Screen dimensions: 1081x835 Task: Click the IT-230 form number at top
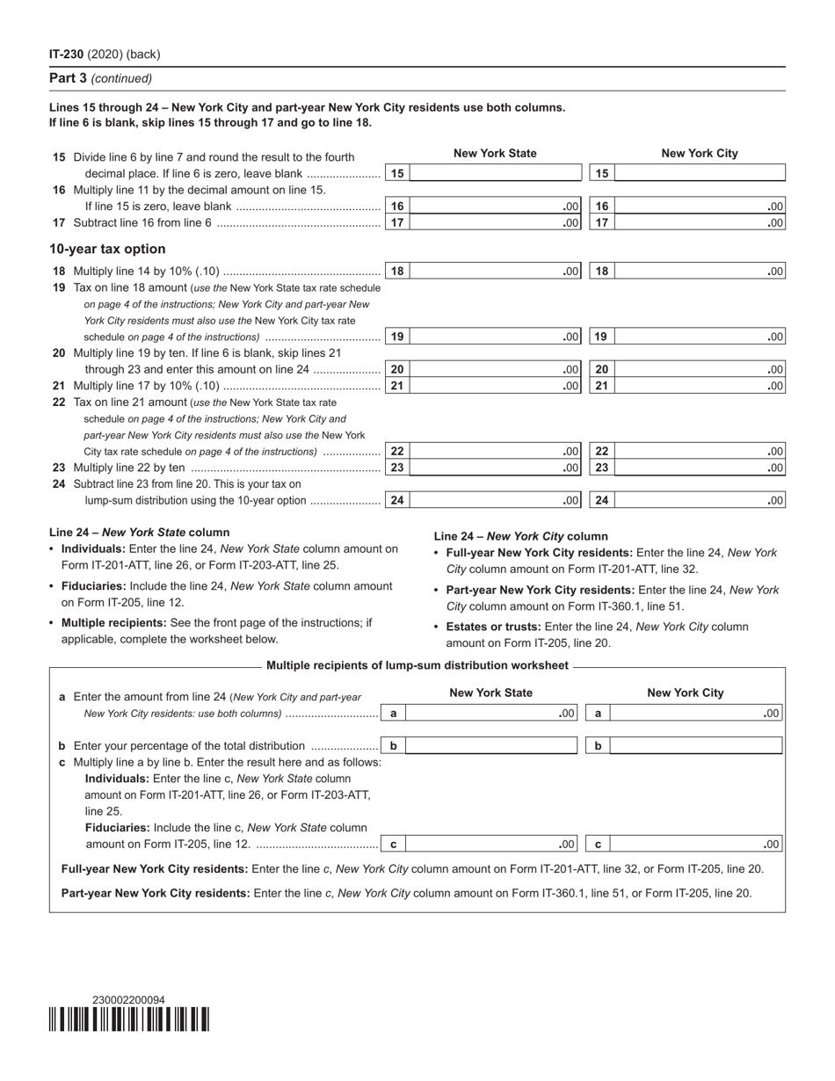[x=67, y=54]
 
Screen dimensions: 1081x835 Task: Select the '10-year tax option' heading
[x=107, y=249]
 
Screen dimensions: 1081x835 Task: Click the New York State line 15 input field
[x=496, y=173]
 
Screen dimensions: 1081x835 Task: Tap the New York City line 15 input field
[x=701, y=173]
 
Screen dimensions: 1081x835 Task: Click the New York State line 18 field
[x=496, y=272]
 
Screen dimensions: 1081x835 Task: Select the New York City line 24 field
[x=701, y=500]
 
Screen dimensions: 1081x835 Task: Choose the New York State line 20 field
[x=496, y=370]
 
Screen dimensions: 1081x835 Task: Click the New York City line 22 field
[x=701, y=451]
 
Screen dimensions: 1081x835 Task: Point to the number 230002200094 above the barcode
[x=128, y=1000]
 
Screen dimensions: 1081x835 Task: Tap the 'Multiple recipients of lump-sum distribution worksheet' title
[x=417, y=665]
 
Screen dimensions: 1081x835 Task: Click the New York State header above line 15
[x=495, y=153]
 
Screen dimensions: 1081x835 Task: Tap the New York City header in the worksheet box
[x=686, y=693]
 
